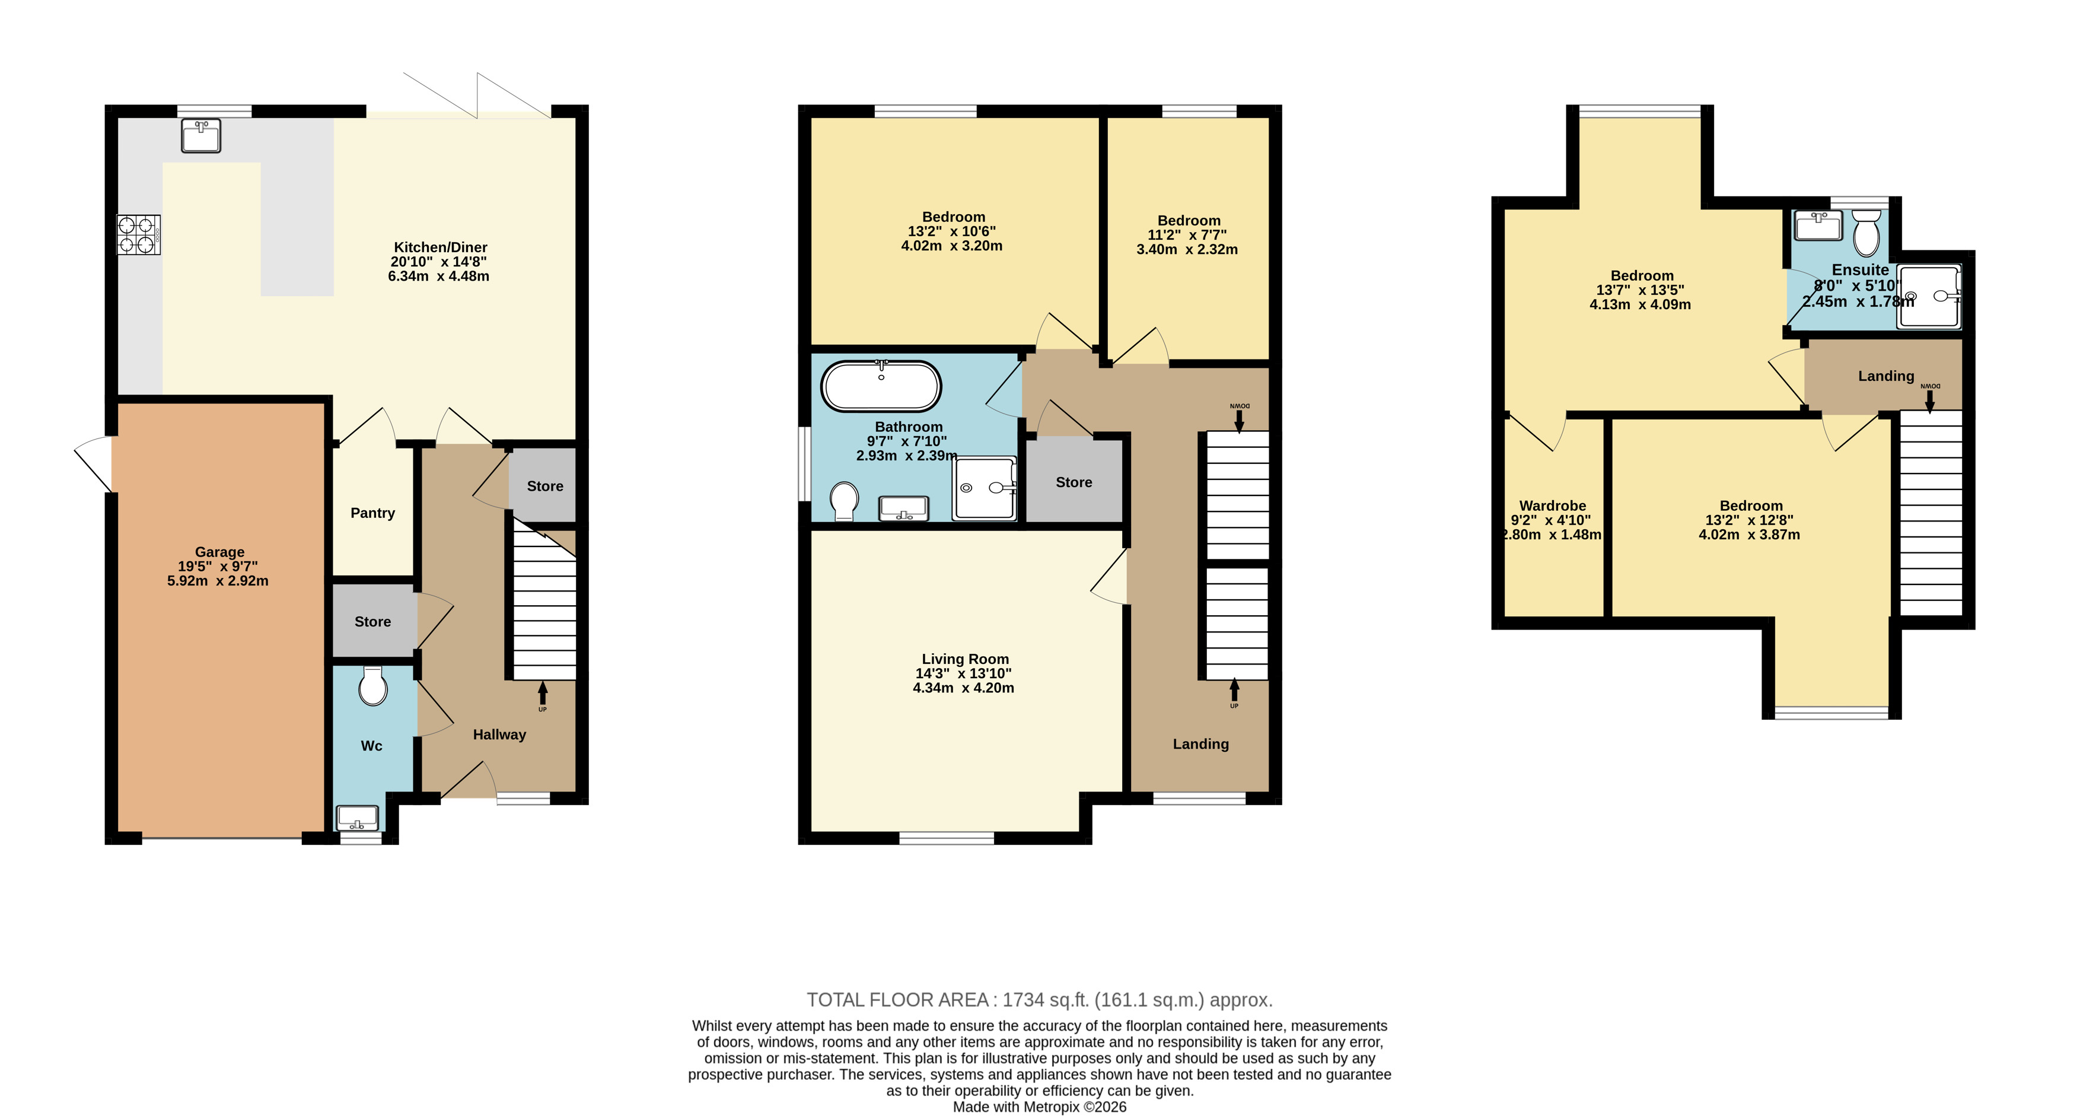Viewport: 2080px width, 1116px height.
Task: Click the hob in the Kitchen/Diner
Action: [139, 235]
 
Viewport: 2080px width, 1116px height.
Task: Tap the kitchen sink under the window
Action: [201, 136]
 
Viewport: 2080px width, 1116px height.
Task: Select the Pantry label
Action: [372, 513]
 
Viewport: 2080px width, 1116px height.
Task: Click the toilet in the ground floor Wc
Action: [372, 687]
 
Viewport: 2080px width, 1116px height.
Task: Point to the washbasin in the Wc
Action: [357, 818]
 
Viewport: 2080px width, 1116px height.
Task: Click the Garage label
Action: [219, 552]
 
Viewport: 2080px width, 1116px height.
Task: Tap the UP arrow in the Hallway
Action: [543, 692]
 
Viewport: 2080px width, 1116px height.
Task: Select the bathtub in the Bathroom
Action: [881, 386]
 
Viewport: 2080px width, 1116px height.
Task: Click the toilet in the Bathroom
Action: [844, 501]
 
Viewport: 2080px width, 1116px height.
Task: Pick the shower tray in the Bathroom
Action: [985, 488]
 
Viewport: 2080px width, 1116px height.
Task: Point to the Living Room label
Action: [965, 659]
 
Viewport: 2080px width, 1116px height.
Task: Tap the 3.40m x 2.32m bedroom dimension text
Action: [1187, 250]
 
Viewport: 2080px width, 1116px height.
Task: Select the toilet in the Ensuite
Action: [1866, 233]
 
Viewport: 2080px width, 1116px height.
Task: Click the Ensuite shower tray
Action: [1928, 297]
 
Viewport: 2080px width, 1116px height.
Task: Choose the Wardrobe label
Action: [1552, 506]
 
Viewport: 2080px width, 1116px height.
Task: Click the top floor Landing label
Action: [1885, 376]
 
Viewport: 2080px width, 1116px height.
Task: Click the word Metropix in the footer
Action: [1052, 1107]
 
